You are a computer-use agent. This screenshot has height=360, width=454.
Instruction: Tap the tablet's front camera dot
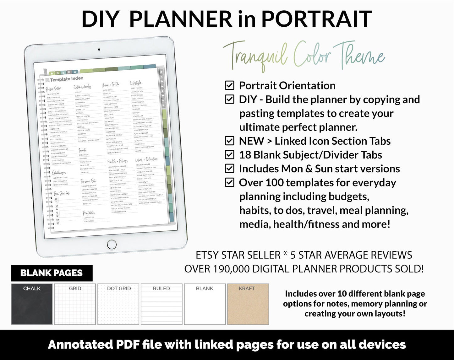pyautogui.click(x=99, y=50)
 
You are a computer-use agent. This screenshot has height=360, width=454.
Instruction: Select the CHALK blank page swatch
pyautogui.click(x=32, y=304)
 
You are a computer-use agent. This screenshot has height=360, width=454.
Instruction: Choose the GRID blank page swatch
pyautogui.click(x=75, y=304)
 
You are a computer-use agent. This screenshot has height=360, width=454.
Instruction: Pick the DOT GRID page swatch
pyautogui.click(x=118, y=304)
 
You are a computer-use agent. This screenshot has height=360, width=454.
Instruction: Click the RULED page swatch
pyautogui.click(x=161, y=304)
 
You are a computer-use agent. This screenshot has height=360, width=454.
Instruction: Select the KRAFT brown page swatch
pyautogui.click(x=248, y=304)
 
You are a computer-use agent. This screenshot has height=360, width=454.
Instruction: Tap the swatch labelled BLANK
pyautogui.click(x=205, y=304)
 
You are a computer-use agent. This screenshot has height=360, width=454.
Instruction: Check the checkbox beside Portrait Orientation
pyautogui.click(x=230, y=85)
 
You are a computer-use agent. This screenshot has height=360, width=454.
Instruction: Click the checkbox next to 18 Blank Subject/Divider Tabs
pyautogui.click(x=230, y=155)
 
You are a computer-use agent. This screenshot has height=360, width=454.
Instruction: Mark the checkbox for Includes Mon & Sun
pyautogui.click(x=230, y=169)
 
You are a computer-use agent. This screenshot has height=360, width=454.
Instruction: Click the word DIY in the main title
pyautogui.click(x=100, y=19)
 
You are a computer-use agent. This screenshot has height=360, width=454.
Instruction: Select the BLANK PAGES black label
pyautogui.click(x=52, y=273)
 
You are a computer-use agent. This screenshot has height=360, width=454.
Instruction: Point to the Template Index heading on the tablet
pyautogui.click(x=66, y=79)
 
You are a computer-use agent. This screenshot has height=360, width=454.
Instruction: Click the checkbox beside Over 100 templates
pyautogui.click(x=230, y=182)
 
